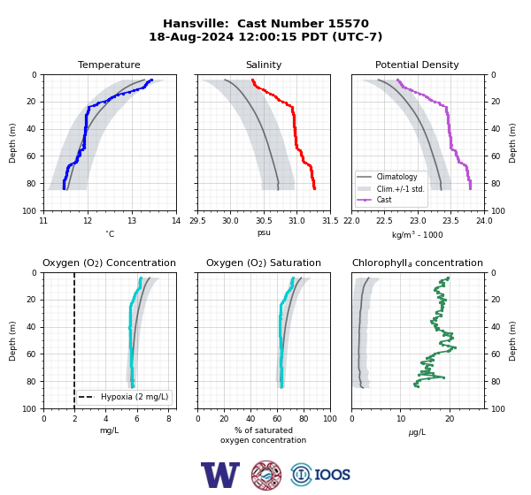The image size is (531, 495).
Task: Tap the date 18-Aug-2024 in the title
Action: point(191,36)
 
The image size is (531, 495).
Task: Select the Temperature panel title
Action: point(109,65)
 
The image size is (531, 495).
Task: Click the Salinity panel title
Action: point(264,65)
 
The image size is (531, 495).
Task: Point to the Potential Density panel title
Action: point(417,65)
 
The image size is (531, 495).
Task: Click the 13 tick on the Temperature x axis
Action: point(132,221)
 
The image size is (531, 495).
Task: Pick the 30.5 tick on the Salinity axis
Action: point(264,221)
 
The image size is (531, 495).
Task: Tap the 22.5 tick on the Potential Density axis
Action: point(384,221)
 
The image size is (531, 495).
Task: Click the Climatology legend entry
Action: point(396,177)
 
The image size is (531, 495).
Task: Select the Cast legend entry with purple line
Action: point(384,200)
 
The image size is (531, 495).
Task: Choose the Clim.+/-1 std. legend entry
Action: point(401,189)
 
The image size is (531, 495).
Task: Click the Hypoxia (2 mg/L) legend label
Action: point(135,397)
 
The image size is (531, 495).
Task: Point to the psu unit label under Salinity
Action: point(264,232)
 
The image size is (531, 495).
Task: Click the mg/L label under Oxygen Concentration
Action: point(109,430)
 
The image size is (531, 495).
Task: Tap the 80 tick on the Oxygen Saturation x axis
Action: point(304,419)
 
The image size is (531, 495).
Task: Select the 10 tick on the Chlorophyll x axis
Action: point(401,419)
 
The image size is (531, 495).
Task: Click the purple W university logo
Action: point(220,475)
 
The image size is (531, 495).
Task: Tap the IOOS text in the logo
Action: point(333,475)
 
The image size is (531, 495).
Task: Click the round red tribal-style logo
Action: point(266,475)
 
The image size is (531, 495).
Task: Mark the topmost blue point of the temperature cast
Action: point(151,80)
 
